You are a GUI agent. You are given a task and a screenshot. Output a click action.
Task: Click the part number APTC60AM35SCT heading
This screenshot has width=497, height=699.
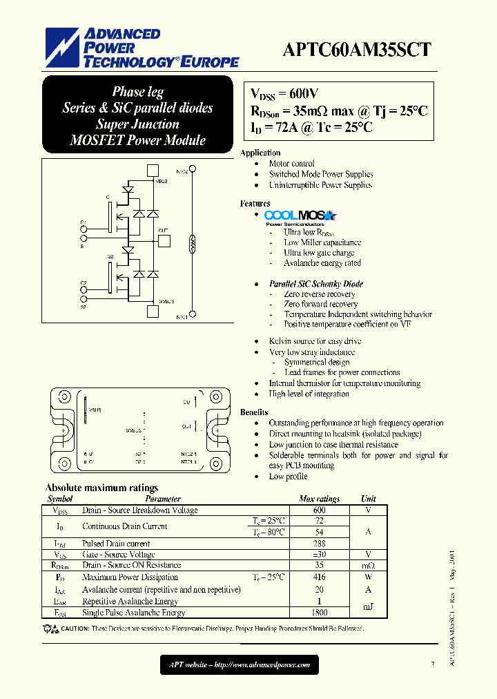point(357,49)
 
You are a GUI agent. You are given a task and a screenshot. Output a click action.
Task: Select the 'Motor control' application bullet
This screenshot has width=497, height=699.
point(291,164)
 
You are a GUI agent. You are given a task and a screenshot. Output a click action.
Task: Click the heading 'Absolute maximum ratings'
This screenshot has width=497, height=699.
point(101,488)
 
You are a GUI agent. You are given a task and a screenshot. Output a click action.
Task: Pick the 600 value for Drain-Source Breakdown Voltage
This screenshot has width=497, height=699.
point(319,510)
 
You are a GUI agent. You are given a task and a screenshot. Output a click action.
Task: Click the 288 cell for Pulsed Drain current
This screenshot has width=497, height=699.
point(319,544)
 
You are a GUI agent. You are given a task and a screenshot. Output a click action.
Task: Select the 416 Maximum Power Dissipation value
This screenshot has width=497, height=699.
point(319,577)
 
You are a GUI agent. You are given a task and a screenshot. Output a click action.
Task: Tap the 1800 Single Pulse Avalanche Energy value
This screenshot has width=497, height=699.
point(319,612)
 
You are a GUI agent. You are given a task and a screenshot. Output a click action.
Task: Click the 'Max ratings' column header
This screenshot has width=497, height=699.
point(319,499)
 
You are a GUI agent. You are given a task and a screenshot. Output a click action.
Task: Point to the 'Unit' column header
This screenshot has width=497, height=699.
point(368,499)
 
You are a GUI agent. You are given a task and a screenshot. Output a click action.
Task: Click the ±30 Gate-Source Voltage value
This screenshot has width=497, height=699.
point(319,555)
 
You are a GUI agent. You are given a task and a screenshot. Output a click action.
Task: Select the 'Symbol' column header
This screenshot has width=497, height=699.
point(60,499)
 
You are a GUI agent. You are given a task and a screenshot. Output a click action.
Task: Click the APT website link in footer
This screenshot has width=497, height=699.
point(240,665)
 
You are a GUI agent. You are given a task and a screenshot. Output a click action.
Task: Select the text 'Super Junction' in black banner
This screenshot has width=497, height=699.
point(137,124)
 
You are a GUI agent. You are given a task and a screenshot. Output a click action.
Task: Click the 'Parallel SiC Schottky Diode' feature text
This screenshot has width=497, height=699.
point(315,284)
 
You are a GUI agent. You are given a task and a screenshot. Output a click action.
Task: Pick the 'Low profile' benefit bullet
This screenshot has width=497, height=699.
point(288,477)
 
